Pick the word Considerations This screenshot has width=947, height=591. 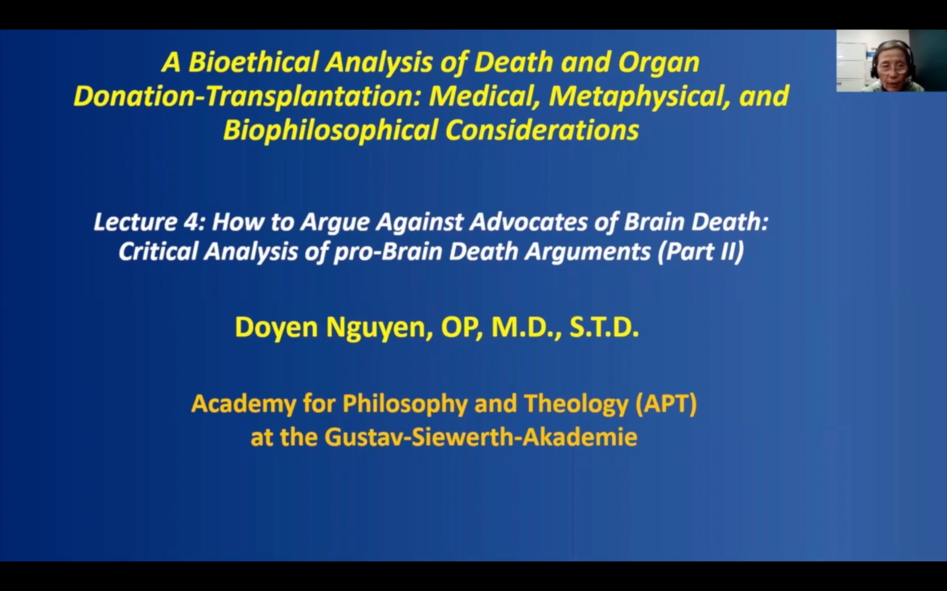pos(542,130)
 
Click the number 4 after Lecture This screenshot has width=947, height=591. pos(191,222)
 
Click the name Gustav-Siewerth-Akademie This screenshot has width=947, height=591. pos(480,437)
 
